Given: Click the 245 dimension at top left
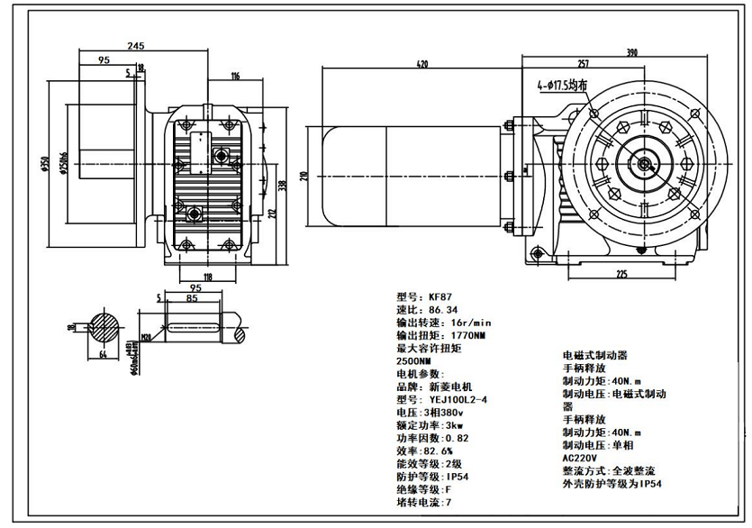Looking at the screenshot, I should (137, 45).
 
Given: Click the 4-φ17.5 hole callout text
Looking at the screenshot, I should (564, 86).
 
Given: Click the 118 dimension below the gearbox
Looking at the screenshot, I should (207, 278).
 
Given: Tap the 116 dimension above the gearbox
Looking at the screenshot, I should (235, 77).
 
